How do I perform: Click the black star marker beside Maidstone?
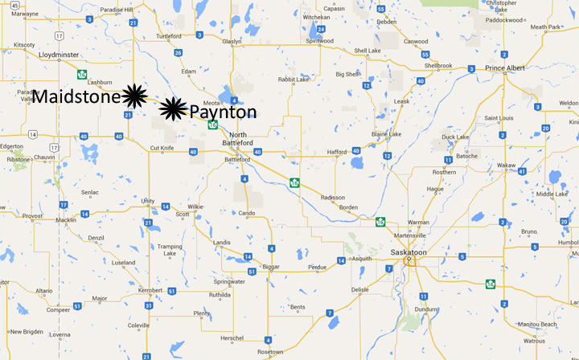point(133,96)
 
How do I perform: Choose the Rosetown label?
point(270,352)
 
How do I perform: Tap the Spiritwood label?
point(320,39)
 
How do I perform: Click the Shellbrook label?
point(443,66)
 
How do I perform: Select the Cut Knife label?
point(162,148)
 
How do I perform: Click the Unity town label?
point(147,201)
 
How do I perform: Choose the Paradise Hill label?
point(117,10)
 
